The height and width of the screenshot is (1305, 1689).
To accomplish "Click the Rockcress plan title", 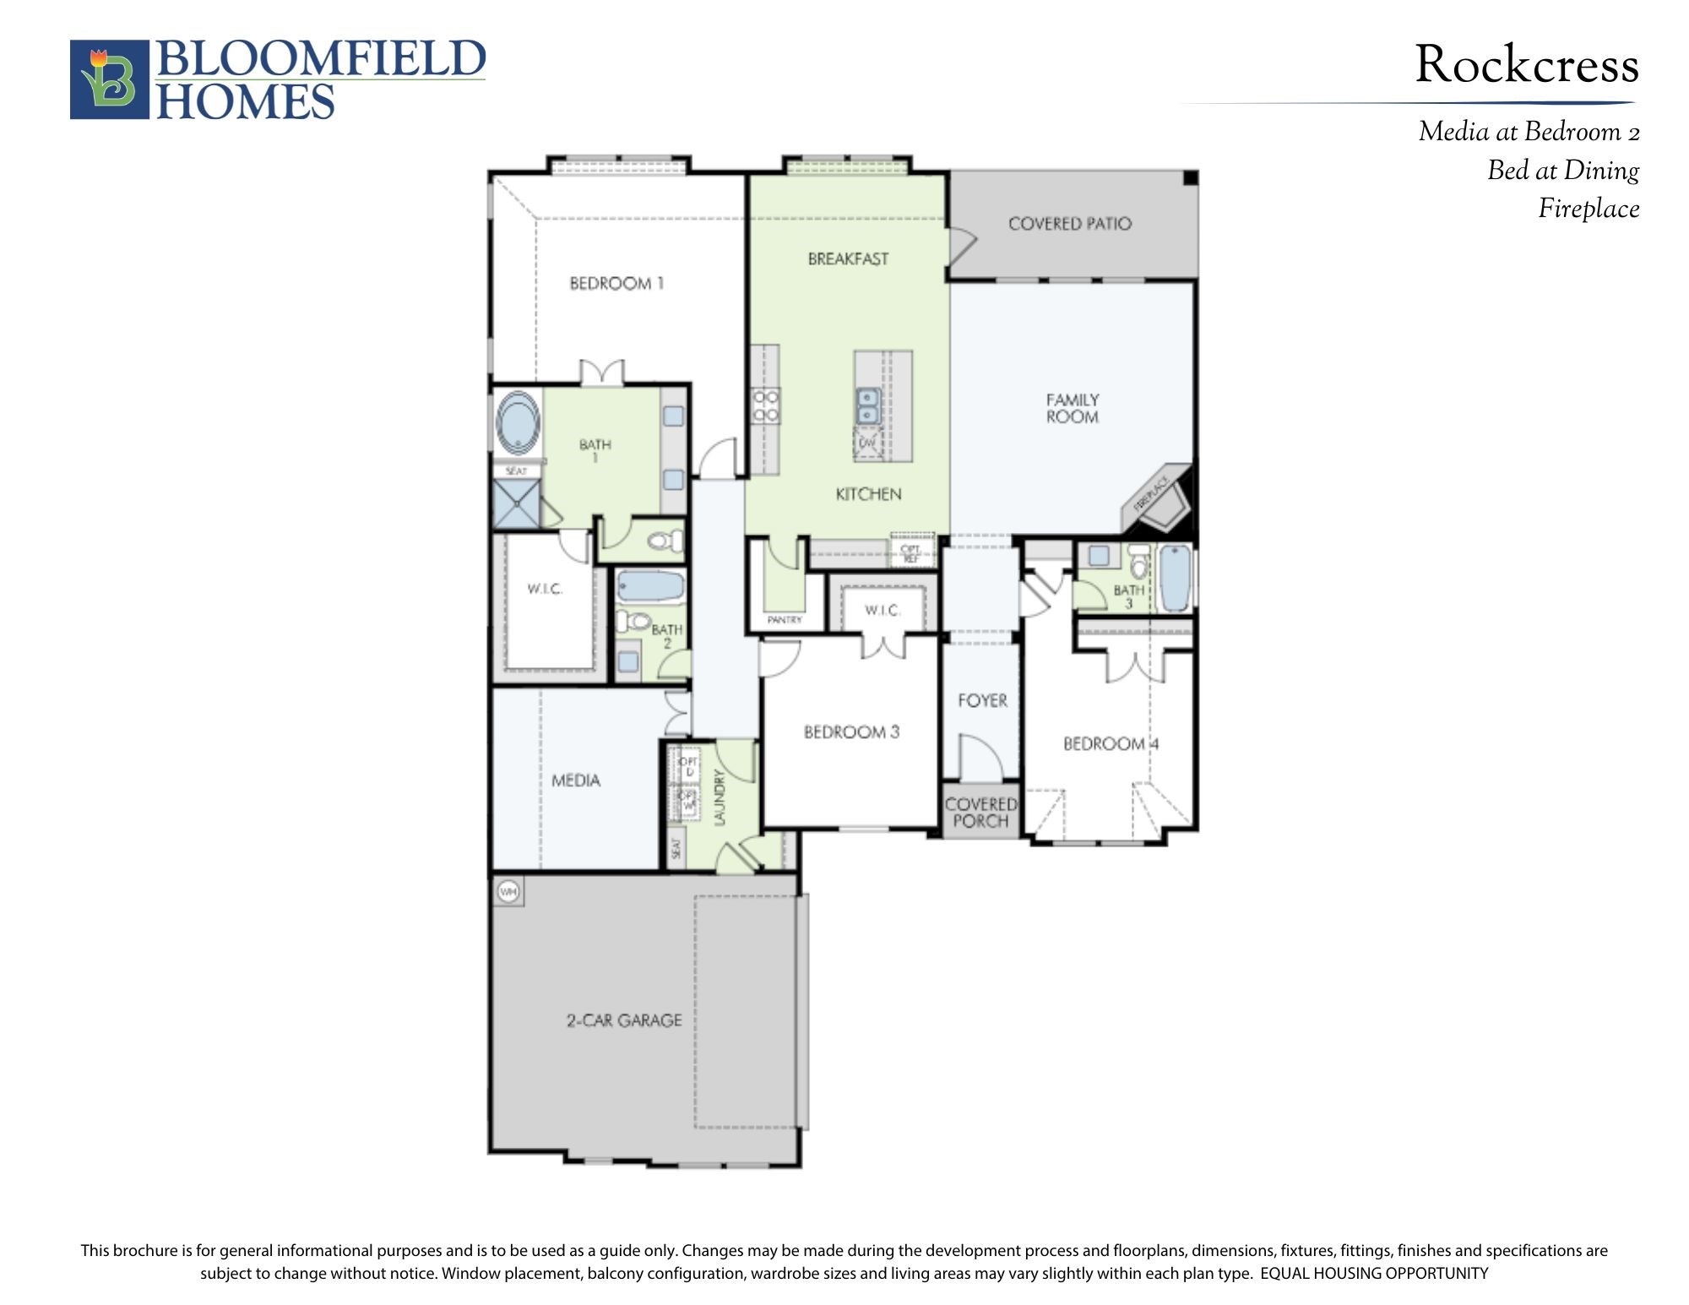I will click(1526, 65).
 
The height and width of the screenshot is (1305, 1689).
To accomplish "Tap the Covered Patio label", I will click(1069, 224).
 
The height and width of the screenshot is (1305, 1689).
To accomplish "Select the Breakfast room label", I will click(848, 259).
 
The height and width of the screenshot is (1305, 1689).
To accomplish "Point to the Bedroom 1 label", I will click(616, 284).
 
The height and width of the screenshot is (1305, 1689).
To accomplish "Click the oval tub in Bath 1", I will click(518, 423).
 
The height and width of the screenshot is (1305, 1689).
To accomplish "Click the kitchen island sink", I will click(867, 405).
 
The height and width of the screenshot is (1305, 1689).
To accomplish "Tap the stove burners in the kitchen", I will click(766, 405).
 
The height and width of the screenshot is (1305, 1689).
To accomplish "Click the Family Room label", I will click(1073, 408).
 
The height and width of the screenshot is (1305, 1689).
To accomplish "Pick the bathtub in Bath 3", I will click(1175, 578).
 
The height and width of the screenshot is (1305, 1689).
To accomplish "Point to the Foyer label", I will click(982, 700).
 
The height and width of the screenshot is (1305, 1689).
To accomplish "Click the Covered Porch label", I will click(980, 812).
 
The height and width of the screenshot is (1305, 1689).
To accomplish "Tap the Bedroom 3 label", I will click(851, 732).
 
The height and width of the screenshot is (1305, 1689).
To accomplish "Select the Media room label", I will click(576, 780).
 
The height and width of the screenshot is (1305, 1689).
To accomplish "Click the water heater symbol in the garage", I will click(508, 891).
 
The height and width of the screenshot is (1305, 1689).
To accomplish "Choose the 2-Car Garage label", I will click(624, 1020).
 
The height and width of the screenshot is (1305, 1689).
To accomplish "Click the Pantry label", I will click(785, 620).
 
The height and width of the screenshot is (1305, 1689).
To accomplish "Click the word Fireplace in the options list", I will click(1588, 209).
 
